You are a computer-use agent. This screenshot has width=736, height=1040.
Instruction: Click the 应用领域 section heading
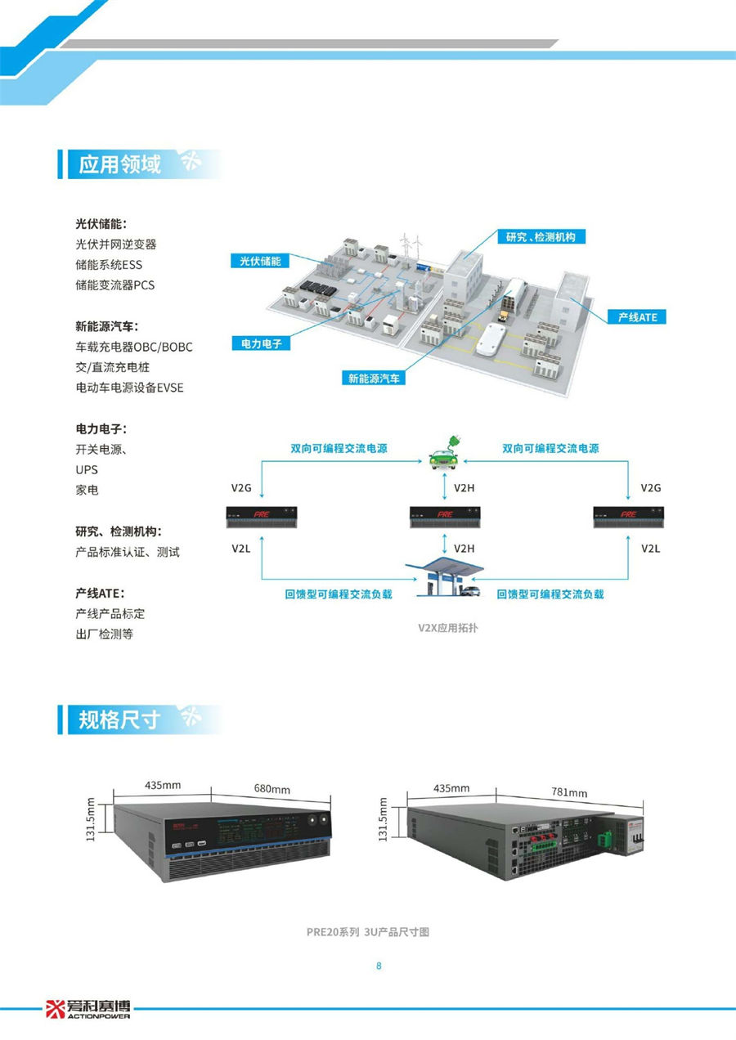119,164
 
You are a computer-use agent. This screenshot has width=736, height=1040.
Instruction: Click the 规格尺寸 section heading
119,719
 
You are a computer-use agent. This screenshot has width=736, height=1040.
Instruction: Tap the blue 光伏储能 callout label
260,261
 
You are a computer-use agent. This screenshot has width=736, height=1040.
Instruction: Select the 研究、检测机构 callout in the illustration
541,237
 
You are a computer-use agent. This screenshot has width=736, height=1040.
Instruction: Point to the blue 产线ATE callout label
637,317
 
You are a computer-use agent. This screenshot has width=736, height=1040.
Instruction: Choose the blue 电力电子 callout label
261,343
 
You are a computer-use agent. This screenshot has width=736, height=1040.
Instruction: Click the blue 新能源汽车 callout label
374,378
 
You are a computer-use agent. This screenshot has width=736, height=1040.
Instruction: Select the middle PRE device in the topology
444,518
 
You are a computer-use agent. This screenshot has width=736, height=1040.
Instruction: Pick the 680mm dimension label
272,789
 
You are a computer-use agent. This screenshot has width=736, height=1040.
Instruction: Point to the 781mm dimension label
569,792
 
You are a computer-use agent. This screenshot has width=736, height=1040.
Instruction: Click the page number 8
379,966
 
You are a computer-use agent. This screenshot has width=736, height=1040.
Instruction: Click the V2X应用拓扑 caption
447,628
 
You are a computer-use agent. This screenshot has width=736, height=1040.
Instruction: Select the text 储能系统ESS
109,265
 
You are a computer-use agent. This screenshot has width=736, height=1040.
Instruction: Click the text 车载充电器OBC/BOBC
134,347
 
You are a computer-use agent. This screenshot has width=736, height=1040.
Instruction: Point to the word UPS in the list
87,470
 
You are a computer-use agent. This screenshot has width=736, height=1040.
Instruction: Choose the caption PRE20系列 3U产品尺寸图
368,932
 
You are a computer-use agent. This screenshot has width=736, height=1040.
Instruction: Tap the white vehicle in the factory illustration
491,339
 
